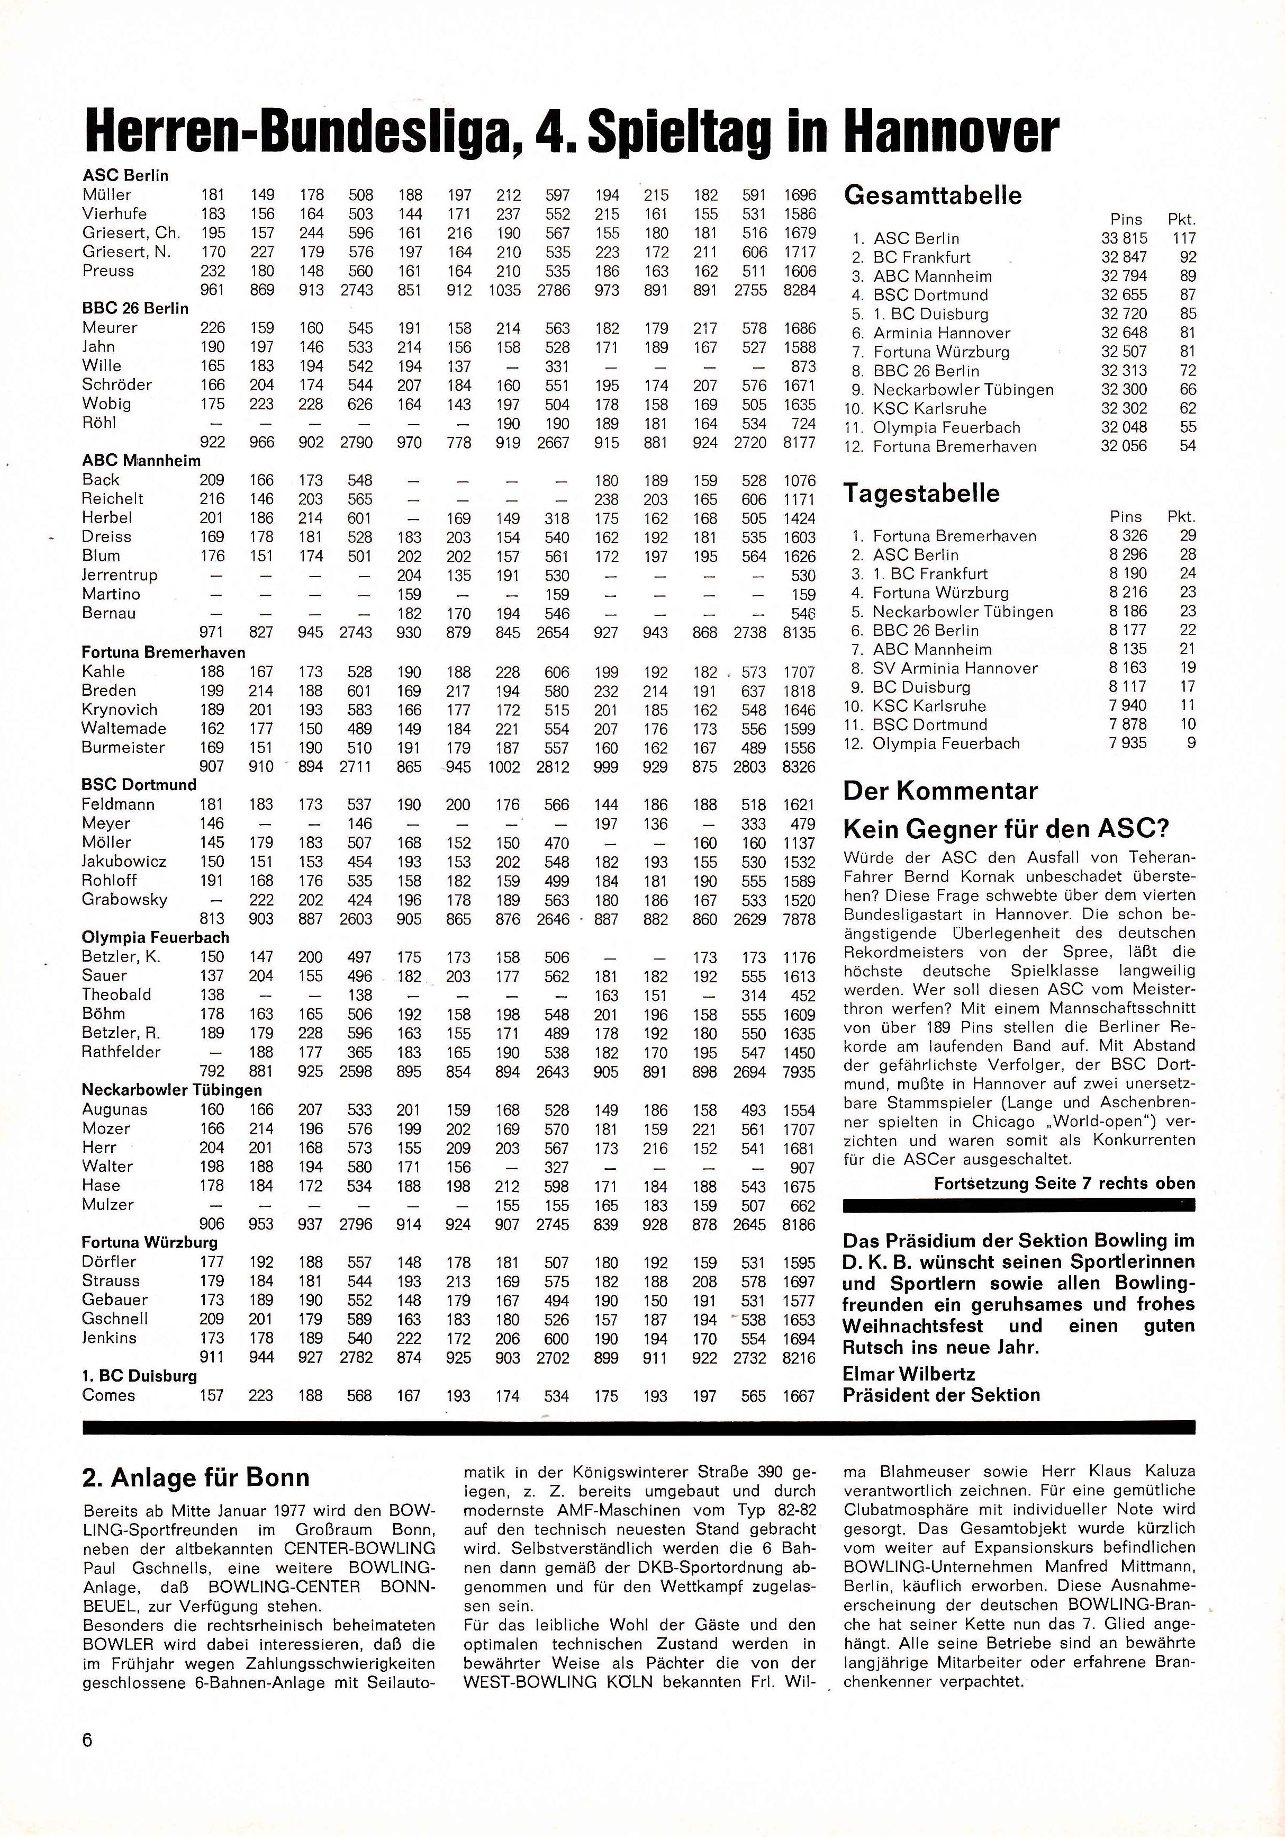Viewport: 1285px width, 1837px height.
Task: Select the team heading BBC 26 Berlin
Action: coord(135,308)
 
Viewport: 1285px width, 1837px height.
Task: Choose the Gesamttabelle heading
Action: coord(933,196)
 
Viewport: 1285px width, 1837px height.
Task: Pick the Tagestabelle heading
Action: coord(921,493)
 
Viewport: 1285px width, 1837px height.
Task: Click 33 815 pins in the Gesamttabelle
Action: coord(1124,238)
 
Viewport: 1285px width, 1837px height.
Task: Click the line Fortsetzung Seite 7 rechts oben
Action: coord(1064,1184)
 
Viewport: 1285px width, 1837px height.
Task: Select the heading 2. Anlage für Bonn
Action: coord(195,1477)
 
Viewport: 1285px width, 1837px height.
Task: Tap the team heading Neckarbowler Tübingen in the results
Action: coord(172,1090)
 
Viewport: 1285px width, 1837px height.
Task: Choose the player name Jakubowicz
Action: coord(124,861)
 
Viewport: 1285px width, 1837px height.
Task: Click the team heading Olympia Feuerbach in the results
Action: coord(155,937)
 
